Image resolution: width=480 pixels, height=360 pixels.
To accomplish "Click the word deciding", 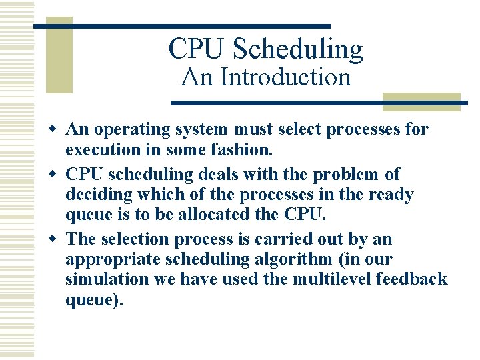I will click(95, 195).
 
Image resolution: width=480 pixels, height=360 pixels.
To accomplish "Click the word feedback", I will click(412, 279).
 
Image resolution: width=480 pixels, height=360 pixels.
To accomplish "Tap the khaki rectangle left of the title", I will click(59, 60).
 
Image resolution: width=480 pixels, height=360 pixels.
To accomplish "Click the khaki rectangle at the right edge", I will click(421, 101).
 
